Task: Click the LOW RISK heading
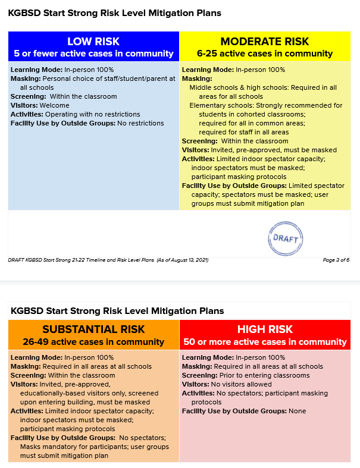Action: click(93, 41)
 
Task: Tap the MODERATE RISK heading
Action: click(265, 41)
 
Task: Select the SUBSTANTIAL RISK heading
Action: click(93, 329)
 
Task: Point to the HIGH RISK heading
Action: click(265, 329)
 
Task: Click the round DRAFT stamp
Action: click(286, 237)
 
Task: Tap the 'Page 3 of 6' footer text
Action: click(336, 260)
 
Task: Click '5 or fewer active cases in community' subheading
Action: click(93, 54)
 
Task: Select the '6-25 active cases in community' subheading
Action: click(265, 54)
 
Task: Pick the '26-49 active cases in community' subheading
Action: click(93, 342)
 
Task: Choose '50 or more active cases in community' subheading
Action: click(265, 342)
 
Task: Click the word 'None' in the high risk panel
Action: click(297, 411)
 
